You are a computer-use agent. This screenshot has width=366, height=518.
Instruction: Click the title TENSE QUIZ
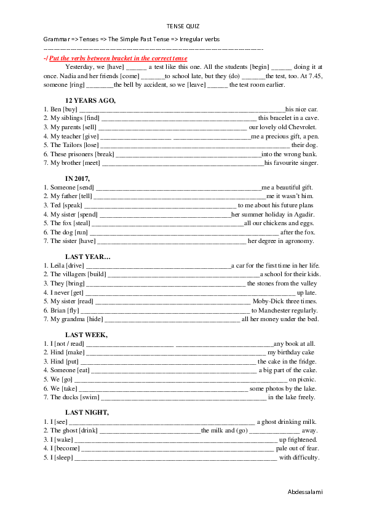pyautogui.click(x=183, y=26)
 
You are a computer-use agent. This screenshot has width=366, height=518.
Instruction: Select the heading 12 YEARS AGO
pyautogui.click(x=90, y=100)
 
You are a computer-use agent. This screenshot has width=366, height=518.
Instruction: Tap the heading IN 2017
pyautogui.click(x=82, y=178)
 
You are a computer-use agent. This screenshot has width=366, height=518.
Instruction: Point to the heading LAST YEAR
pyautogui.click(x=88, y=257)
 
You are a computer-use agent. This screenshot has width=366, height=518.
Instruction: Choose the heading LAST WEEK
pyautogui.click(x=86, y=335)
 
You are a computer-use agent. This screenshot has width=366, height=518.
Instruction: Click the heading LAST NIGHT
pyautogui.click(x=87, y=412)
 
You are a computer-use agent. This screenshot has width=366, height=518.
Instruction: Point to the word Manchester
pyautogui.click(x=277, y=311)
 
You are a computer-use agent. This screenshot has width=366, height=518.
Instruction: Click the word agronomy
pyautogui.click(x=301, y=241)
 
